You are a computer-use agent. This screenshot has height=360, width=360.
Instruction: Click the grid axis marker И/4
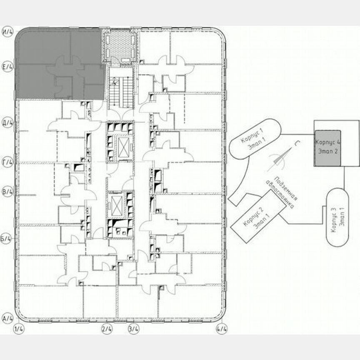click(x=8, y=31)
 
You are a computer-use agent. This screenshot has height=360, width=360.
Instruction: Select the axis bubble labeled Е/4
click(x=8, y=66)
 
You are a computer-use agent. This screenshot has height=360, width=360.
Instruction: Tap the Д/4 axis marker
click(x=8, y=124)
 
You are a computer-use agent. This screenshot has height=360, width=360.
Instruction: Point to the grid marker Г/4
click(x=8, y=162)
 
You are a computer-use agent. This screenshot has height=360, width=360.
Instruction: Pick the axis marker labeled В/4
click(x=8, y=192)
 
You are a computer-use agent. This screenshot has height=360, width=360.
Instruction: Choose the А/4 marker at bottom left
click(x=8, y=319)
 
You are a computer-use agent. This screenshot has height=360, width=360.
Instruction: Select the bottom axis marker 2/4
click(x=107, y=329)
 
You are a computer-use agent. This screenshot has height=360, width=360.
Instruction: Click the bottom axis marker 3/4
click(x=133, y=329)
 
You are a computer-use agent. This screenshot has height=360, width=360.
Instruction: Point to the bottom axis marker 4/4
click(x=222, y=329)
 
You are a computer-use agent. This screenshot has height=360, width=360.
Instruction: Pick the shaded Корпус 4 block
click(x=327, y=148)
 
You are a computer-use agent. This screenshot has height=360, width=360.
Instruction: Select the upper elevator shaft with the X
click(x=124, y=146)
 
